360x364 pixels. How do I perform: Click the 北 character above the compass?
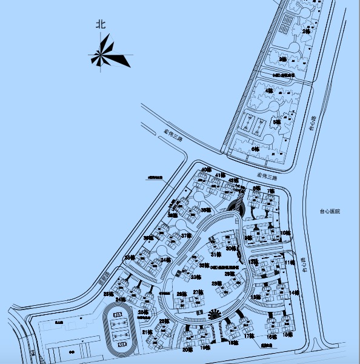point(101,25)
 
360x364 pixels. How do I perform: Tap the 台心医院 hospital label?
point(330,211)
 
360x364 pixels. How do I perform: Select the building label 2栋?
point(305,30)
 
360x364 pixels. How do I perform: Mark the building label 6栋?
point(255,149)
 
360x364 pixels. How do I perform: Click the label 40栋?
point(207,169)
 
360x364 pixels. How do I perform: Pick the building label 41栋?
point(221,175)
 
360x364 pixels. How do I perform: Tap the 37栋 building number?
point(186,235)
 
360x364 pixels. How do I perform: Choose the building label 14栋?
point(295,293)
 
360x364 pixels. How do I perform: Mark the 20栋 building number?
point(187,349)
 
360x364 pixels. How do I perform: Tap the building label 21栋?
point(147,332)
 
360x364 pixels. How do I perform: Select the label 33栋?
point(195,277)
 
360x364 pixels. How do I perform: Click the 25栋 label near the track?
point(143,312)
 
